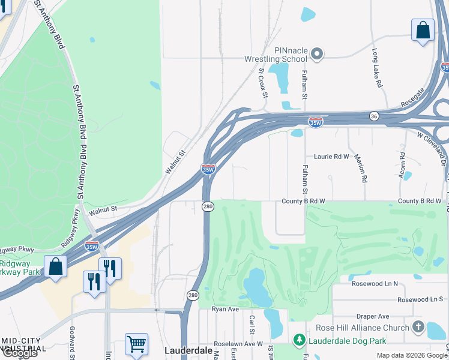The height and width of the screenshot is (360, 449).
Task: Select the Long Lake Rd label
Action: coord(377,68)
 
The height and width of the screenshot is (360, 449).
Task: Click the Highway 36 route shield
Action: coord(373,116)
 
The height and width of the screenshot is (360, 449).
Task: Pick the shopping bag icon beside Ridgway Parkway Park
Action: coord(56,267)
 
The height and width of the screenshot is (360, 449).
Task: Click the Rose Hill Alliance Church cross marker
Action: coord(418,328)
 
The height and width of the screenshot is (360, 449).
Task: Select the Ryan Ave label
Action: coord(225,309)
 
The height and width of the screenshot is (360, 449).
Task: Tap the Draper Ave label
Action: coord(374,316)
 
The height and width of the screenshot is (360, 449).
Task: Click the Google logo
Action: coord(19,353)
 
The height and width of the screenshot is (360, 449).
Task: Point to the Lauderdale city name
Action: coord(188,350)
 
